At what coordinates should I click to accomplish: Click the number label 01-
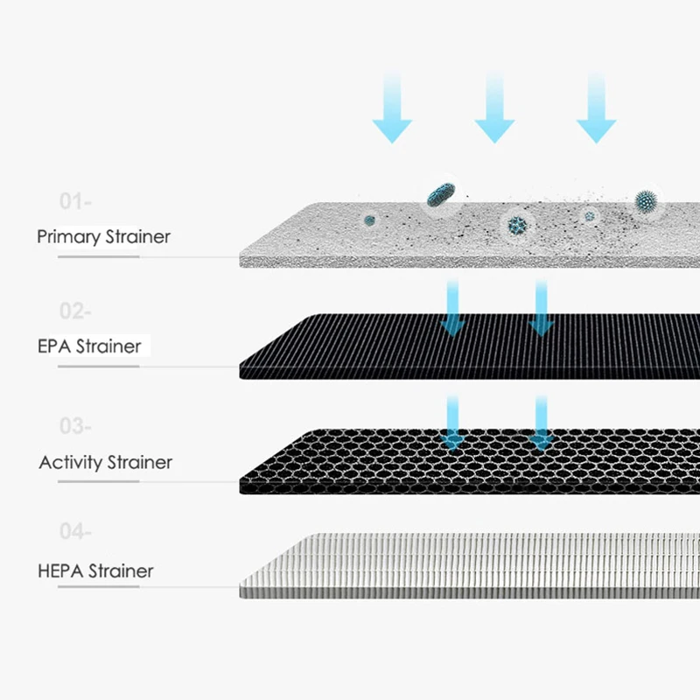tap(75, 202)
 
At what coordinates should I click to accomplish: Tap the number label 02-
tap(75, 311)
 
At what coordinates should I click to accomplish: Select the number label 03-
tap(75, 426)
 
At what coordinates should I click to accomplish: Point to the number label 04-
tap(75, 531)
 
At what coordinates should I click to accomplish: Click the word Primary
tap(69, 237)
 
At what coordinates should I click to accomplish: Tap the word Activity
tap(71, 463)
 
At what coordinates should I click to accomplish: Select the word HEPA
tap(60, 571)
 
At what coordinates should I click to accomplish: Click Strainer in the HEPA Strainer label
tap(120, 571)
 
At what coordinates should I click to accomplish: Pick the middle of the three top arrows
tap(494, 109)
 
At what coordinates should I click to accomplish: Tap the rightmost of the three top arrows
tap(597, 109)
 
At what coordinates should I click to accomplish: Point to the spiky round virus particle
tap(646, 200)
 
